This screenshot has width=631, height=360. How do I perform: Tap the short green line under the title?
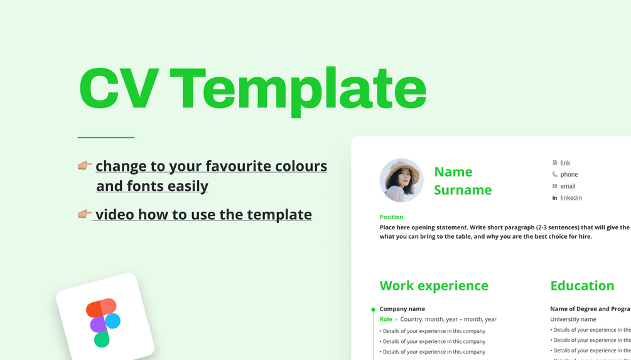105,137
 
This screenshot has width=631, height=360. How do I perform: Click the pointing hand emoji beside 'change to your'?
84,166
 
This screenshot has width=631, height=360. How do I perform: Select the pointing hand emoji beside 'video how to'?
84,214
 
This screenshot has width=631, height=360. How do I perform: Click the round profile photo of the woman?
402,180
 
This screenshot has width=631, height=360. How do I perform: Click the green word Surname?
463,190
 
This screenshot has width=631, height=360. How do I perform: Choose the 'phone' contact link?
569,174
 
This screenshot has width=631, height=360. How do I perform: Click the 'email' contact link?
568,186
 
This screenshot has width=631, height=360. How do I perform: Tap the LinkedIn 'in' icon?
554,198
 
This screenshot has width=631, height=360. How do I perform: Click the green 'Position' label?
391,217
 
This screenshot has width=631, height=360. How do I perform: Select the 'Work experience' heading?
434,286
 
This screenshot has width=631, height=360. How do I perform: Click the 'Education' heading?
582,286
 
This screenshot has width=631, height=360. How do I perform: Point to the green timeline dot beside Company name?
373,309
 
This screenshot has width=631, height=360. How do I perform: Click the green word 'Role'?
386,319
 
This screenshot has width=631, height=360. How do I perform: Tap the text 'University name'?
573,319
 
